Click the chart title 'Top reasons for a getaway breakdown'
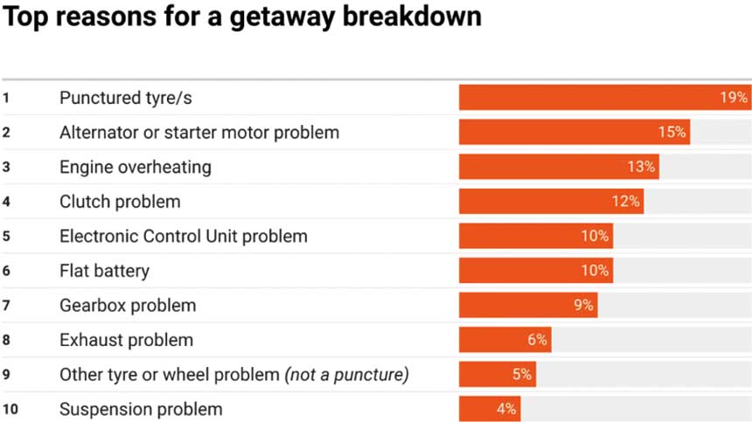[x=240, y=17]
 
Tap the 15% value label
[x=672, y=133]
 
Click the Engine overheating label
[x=136, y=167]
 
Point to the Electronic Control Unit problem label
[x=184, y=236]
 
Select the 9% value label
[x=583, y=306]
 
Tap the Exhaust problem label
[x=126, y=340]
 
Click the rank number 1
[x=6, y=98]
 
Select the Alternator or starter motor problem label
[x=199, y=133]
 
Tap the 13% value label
[x=642, y=167]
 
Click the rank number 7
[x=6, y=306]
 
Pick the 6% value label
[x=537, y=340]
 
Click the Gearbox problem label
[x=128, y=306]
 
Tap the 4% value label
[x=506, y=409]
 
